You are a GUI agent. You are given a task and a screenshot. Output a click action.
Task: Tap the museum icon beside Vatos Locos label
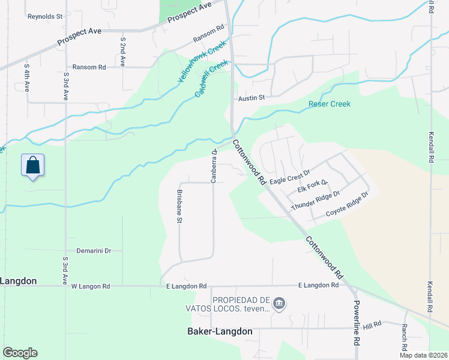click(x=279, y=304)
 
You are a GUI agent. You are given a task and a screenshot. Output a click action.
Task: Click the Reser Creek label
click(x=329, y=104)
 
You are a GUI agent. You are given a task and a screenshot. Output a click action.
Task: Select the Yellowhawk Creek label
click(x=201, y=62)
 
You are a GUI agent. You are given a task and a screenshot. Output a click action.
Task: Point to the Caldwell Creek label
click(x=212, y=79)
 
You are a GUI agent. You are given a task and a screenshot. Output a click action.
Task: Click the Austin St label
click(x=251, y=97)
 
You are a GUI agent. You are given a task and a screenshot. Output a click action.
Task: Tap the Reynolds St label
click(x=45, y=16)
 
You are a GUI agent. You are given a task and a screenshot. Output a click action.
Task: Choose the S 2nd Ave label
click(x=122, y=51)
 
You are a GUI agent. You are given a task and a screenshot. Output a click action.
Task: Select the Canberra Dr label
click(x=213, y=166)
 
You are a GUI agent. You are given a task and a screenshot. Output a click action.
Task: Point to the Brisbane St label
click(x=179, y=206)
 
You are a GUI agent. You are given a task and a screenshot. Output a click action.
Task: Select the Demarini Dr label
click(x=94, y=251)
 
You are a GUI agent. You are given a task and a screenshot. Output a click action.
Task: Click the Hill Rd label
click(x=372, y=324)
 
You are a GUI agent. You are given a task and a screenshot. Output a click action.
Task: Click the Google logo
click(x=20, y=352)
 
